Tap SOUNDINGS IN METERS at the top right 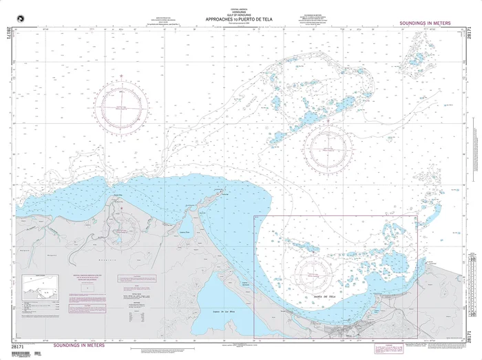[x=425, y=23]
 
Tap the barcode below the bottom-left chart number [x=28, y=354]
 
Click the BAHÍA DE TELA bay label [x=324, y=297]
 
